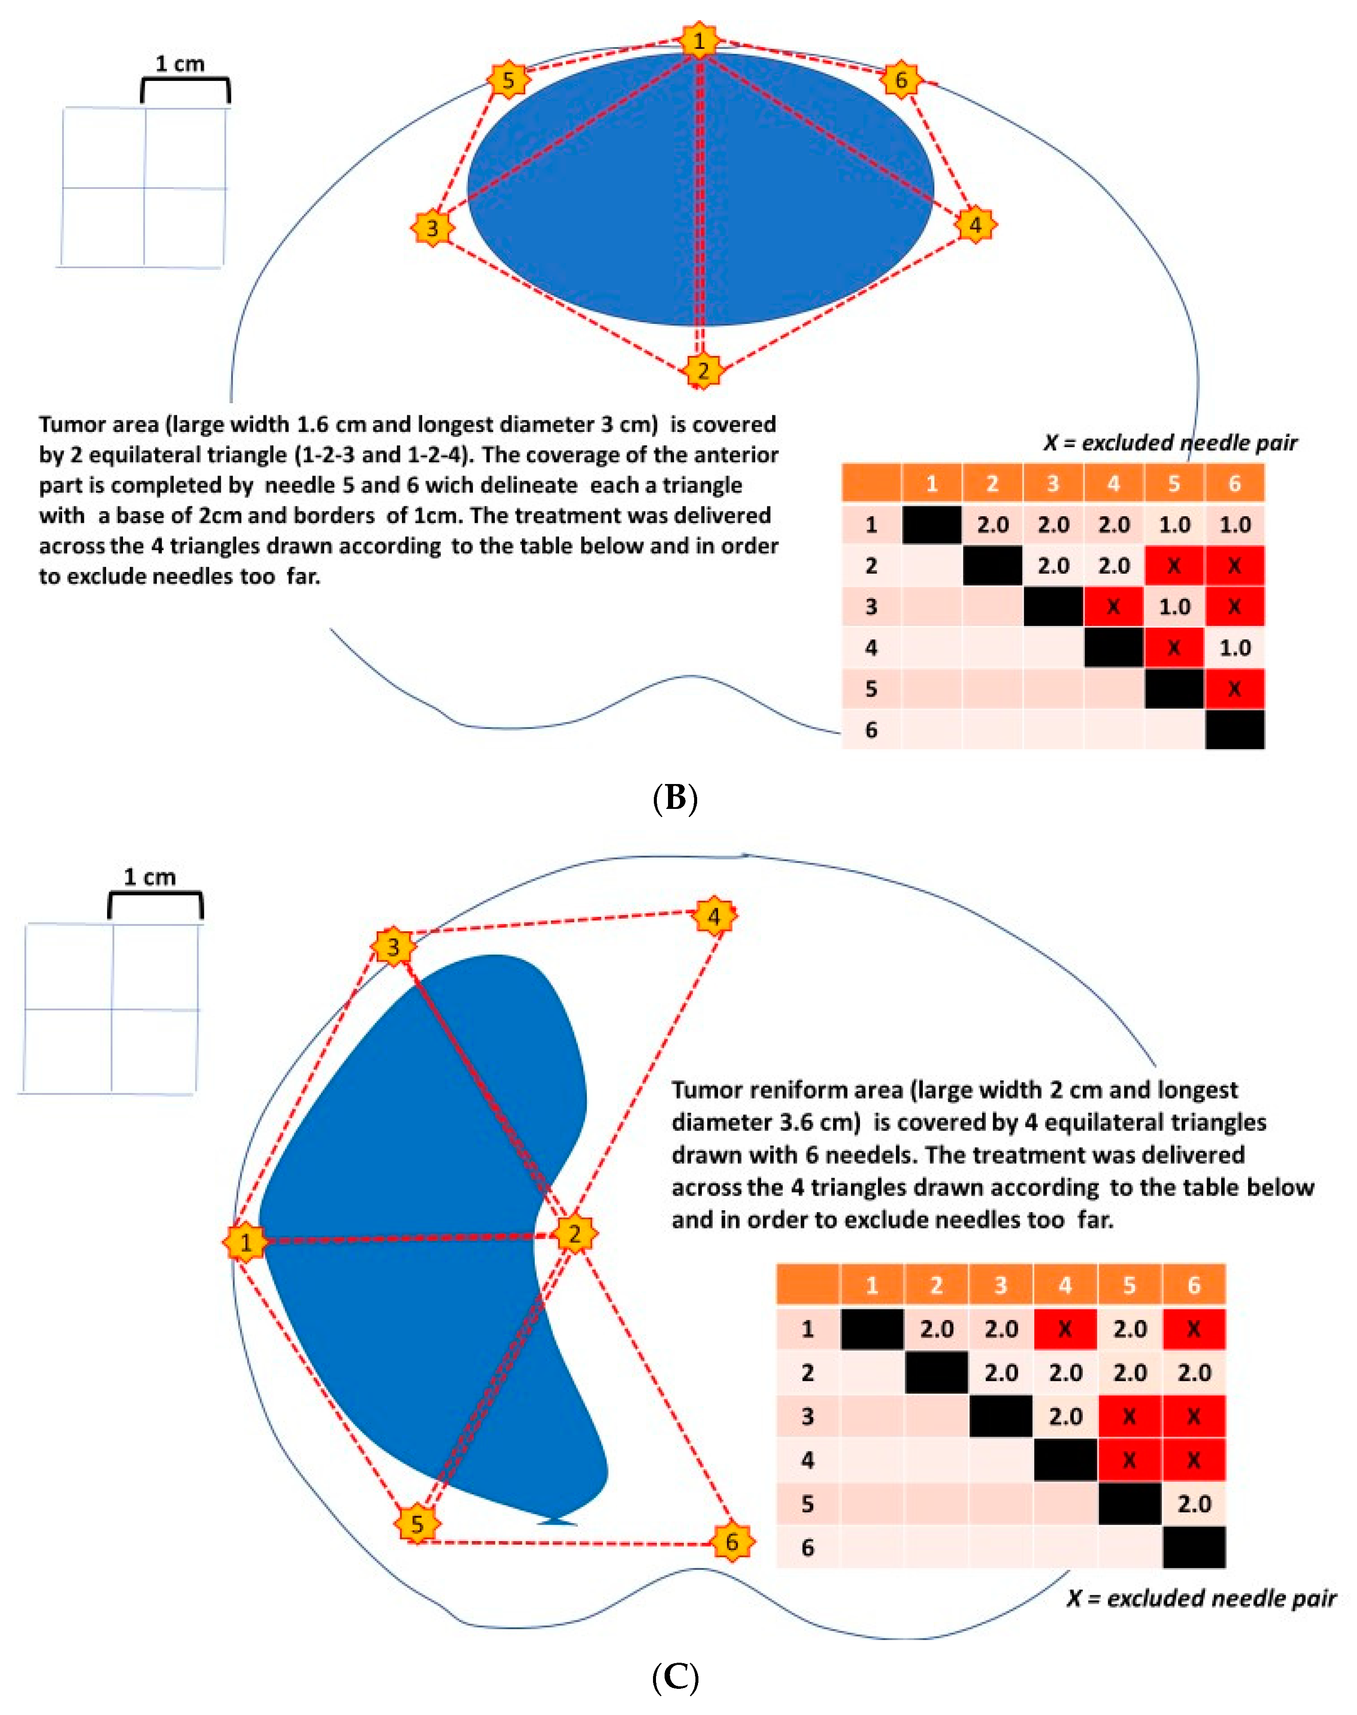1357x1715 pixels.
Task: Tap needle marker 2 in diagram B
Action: (x=702, y=370)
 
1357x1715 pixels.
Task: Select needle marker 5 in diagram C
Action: (x=417, y=1523)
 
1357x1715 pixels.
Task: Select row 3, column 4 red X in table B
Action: (x=1113, y=607)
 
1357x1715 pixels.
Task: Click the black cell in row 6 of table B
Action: (x=1234, y=729)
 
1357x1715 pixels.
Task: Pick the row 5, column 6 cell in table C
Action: (x=1193, y=1504)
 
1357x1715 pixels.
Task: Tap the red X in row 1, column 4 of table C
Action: (x=1065, y=1329)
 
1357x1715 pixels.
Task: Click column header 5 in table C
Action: (x=1129, y=1285)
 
